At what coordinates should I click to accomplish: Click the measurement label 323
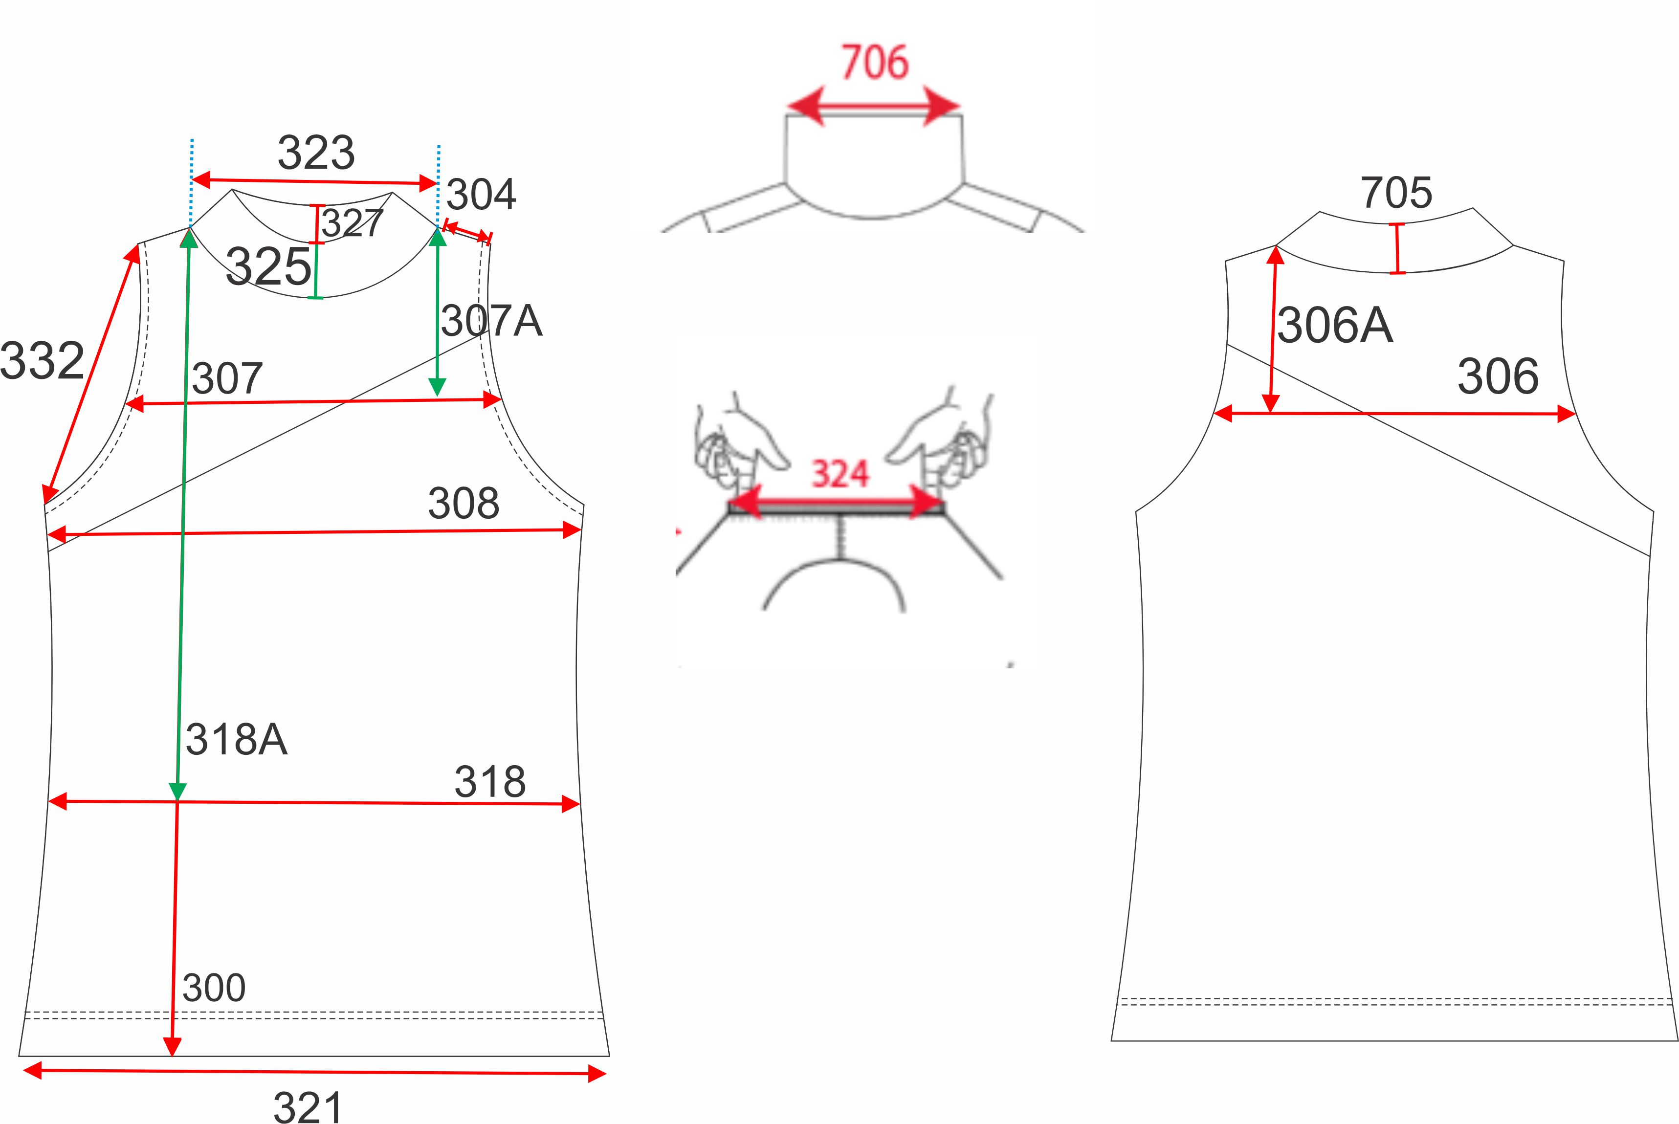click(316, 153)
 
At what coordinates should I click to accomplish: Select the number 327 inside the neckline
click(352, 223)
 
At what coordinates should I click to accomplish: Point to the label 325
click(268, 266)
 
